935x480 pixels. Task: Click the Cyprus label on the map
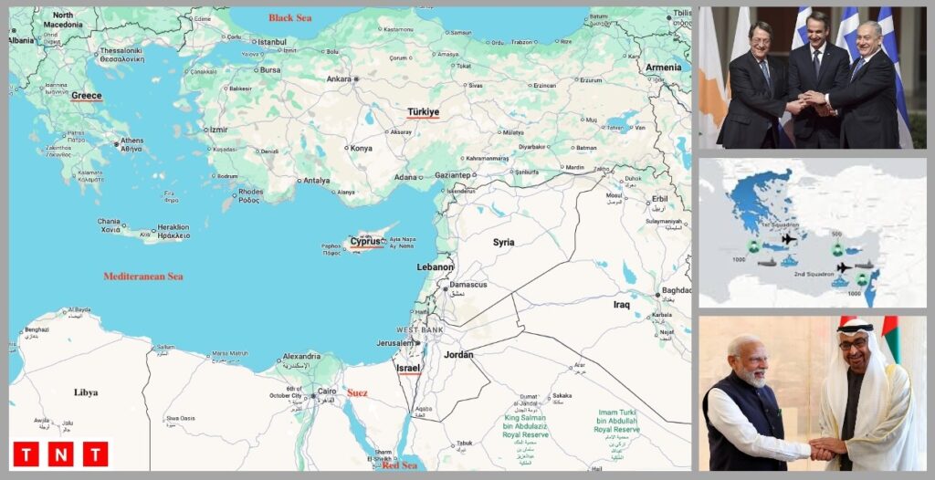(365, 242)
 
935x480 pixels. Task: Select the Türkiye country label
(423, 112)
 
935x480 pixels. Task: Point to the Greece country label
(87, 95)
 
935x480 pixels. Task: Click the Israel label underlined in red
(408, 368)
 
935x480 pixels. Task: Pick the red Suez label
(357, 393)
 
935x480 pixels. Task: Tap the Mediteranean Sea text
(142, 277)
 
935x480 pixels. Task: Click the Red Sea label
(399, 465)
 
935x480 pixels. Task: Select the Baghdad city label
(677, 291)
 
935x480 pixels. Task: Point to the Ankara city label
(340, 78)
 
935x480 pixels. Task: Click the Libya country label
(85, 392)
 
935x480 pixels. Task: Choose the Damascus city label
(467, 285)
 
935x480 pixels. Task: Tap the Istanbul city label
(272, 42)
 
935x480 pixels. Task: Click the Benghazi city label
(37, 329)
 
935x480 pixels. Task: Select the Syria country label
(503, 243)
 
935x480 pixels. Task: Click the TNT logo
(60, 454)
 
